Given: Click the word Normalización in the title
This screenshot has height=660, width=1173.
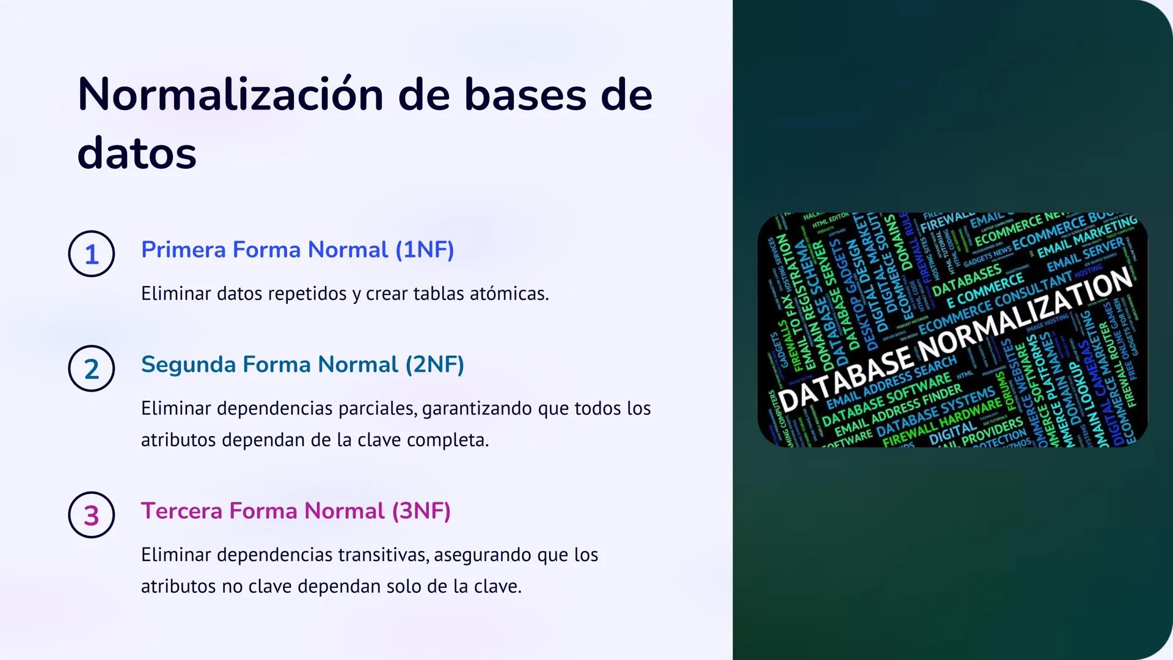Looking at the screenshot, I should [231, 95].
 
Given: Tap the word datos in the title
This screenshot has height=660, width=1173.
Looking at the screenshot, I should [137, 153].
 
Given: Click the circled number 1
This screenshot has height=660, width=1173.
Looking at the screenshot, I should [92, 254].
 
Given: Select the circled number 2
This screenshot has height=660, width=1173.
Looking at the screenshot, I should [92, 369].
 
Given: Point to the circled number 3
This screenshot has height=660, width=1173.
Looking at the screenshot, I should [92, 515].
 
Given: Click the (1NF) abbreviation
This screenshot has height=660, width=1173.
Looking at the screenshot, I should [425, 250].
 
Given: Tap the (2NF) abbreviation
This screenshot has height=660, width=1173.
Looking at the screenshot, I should [434, 365].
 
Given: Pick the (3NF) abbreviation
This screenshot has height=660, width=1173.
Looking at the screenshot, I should [421, 511].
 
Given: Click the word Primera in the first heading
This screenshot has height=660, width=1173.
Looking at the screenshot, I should [183, 250].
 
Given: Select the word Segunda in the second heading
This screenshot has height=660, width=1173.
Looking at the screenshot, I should [188, 365].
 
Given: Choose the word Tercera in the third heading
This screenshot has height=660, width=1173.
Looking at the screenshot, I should [181, 511].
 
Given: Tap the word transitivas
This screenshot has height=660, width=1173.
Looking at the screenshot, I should [384, 555].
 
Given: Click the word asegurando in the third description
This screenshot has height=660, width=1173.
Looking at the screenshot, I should [483, 555].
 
